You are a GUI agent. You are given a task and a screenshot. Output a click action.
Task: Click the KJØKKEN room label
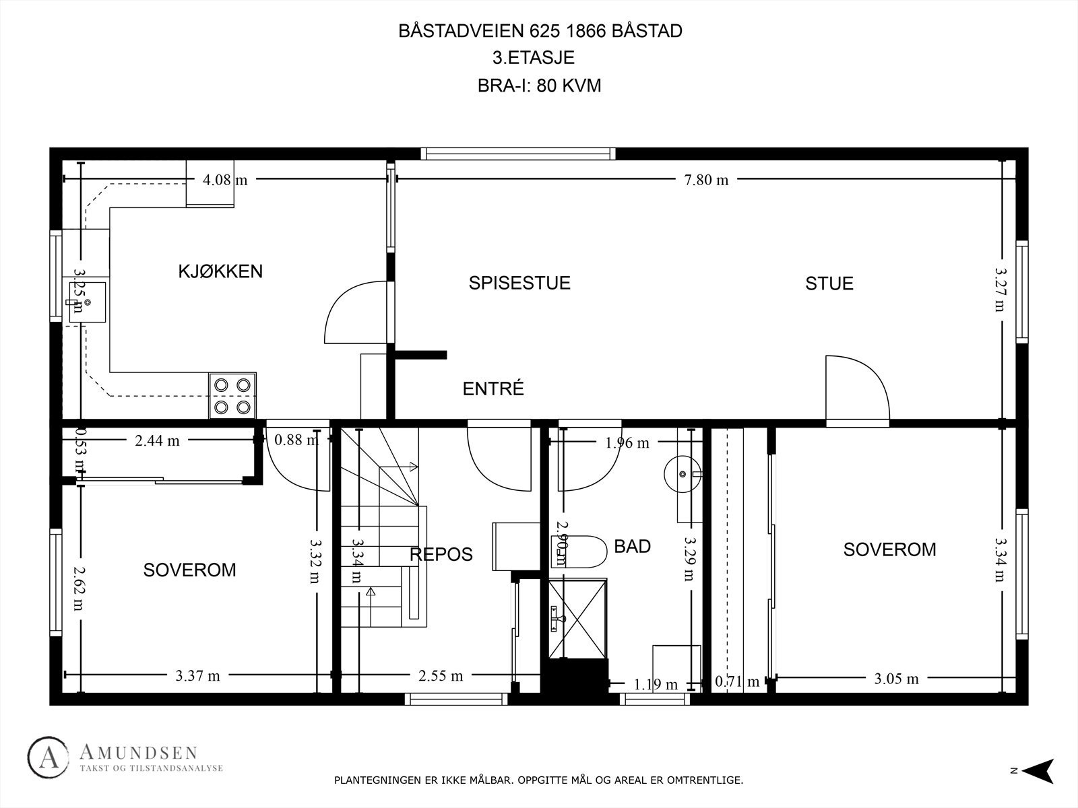pos(220,271)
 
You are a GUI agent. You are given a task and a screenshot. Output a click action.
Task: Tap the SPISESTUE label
pos(519,283)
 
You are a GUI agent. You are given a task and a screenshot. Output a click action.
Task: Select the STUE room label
pos(829,283)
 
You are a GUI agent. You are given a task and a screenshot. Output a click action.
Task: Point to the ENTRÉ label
pos(493,389)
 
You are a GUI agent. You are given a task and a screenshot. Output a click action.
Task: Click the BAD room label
pos(632,546)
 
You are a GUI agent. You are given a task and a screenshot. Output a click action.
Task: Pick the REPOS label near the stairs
pos(441,554)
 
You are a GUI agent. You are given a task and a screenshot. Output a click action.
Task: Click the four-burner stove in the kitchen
pos(232,395)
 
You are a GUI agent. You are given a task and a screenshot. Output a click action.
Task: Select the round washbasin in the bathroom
pos(682,474)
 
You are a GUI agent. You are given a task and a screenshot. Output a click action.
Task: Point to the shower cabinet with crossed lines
pos(577,617)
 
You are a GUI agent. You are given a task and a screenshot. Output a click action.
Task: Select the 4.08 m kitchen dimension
pos(224,180)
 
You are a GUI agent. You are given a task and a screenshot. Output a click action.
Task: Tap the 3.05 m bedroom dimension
pos(896,679)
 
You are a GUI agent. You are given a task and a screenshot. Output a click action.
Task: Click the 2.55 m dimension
pos(441,675)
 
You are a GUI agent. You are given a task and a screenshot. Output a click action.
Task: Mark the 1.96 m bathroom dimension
pos(627,443)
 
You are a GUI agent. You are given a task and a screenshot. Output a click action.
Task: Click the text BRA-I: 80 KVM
pos(539,86)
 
